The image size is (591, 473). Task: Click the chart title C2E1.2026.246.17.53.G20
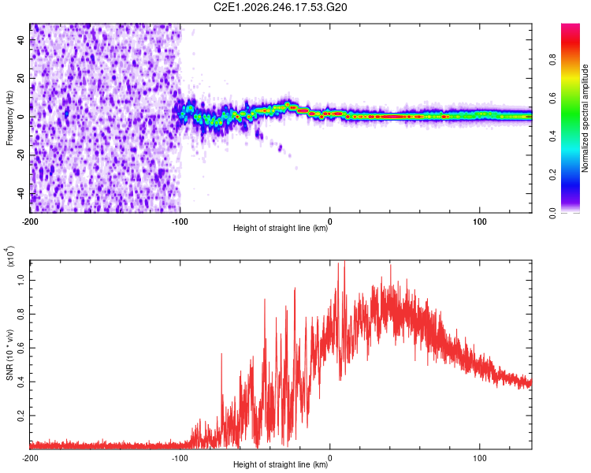pos(280,7)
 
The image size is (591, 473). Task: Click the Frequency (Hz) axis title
pos(9,117)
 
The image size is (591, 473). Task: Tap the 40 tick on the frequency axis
pos(20,39)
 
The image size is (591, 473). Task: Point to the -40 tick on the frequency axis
pos(20,194)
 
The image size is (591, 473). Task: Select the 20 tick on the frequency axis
pos(20,78)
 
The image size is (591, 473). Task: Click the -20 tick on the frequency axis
pos(20,155)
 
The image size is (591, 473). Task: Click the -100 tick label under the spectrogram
pos(180,222)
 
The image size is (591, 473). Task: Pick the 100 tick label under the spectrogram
pos(479,222)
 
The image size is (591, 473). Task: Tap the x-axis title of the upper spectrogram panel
pos(281,228)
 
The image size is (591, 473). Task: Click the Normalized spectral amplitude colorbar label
pos(585,118)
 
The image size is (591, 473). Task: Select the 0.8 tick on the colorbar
pos(552,60)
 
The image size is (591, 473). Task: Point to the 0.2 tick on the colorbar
pos(552,175)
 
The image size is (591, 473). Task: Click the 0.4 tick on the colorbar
pos(552,136)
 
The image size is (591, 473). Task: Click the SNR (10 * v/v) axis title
pos(9,355)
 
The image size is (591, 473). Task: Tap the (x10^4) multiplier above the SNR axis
pos(10,256)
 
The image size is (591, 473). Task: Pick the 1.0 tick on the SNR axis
pos(20,280)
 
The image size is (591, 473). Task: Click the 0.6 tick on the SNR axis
pos(20,348)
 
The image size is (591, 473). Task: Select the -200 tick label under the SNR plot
pos(30,458)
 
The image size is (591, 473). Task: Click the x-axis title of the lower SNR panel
pos(281,464)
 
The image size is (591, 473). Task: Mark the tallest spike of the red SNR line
pos(344,262)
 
